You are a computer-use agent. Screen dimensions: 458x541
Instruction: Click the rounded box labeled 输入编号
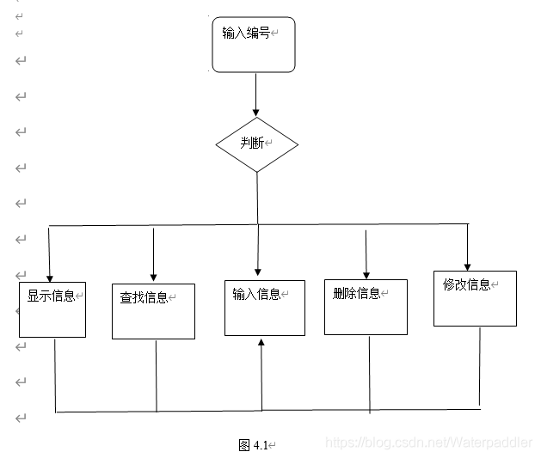254,45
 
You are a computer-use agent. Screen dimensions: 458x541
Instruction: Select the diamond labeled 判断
256,144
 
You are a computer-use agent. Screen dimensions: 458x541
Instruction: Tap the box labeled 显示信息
52,309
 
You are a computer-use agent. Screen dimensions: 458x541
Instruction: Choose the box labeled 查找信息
154,311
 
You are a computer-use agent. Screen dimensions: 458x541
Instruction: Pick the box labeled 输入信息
264,307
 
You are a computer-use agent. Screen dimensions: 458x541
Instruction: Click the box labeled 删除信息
366,306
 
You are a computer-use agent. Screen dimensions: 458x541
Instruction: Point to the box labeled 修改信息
475,298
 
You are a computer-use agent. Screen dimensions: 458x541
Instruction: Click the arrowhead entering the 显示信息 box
50,278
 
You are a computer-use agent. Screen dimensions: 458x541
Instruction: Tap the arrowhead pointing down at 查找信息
154,278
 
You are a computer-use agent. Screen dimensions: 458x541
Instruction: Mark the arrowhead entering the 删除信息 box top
366,274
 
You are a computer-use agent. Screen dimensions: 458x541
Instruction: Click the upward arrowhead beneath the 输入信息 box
261,341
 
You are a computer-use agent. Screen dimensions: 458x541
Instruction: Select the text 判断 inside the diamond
252,143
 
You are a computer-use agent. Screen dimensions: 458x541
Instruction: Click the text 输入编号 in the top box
246,34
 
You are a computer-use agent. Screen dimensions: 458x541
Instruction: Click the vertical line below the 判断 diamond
257,198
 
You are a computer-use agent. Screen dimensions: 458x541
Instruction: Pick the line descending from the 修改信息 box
479,365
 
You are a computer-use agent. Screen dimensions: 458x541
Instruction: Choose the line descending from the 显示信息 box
55,375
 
